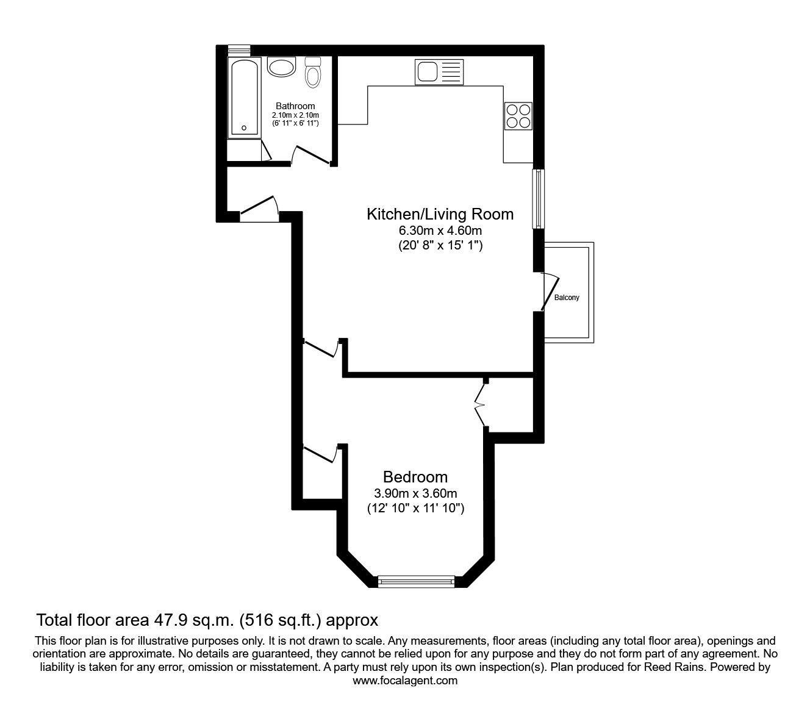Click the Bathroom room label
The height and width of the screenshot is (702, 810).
[295, 106]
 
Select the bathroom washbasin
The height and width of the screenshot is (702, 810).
[281, 67]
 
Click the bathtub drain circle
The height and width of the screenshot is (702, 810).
[244, 128]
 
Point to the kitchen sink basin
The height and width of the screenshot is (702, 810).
[427, 71]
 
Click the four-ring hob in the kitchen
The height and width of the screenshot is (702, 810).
[518, 116]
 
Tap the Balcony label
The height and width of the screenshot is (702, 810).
[566, 298]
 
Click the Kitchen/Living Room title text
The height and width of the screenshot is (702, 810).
[440, 214]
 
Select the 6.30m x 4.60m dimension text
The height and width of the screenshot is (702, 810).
[440, 231]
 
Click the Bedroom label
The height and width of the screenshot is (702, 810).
[415, 477]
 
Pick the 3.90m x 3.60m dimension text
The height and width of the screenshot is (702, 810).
[415, 493]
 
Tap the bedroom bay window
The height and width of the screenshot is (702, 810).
[416, 581]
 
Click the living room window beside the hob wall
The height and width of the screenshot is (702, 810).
[538, 198]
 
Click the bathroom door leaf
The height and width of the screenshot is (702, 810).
[313, 155]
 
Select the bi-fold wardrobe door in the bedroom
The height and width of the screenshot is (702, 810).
[480, 404]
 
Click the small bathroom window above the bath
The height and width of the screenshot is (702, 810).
[238, 50]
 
